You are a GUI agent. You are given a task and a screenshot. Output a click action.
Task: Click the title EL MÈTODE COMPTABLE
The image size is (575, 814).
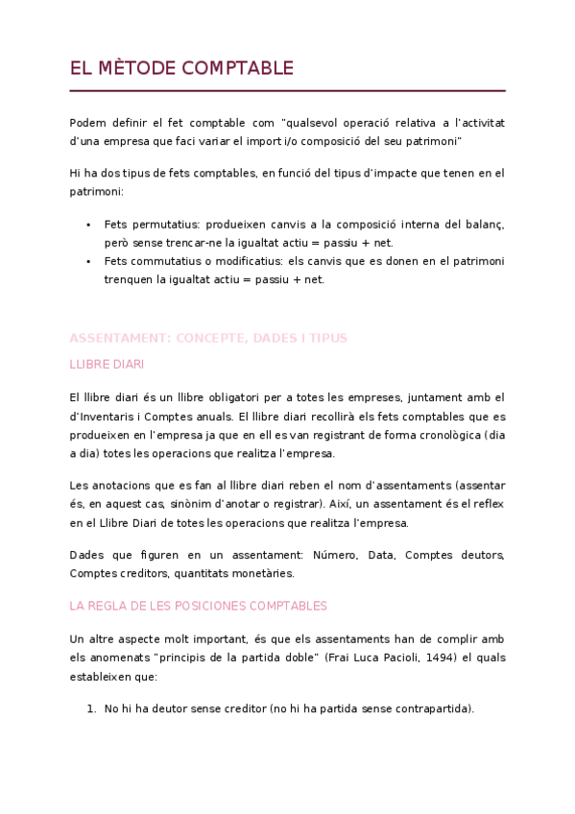(181, 68)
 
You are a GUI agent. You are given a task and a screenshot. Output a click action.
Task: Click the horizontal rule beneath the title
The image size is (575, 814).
(287, 91)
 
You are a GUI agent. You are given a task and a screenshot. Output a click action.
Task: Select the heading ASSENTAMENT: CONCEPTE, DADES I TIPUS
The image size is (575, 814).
(208, 338)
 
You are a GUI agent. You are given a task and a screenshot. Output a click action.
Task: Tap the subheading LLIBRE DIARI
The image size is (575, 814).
(108, 365)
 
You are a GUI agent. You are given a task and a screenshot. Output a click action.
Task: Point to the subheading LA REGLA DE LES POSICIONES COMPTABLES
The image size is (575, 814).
(199, 606)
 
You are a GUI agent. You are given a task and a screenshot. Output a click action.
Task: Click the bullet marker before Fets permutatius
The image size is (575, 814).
(88, 224)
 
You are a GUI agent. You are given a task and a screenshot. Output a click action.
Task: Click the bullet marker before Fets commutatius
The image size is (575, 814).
(88, 262)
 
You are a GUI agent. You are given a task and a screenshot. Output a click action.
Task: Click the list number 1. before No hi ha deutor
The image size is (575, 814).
(92, 708)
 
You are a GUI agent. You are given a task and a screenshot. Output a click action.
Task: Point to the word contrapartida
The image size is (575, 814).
(428, 708)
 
